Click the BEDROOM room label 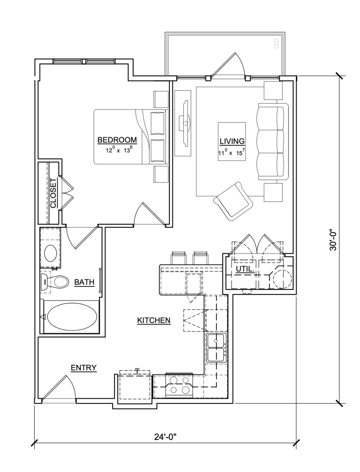(x=117, y=140)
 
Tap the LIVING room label (x=232, y=141)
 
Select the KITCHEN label (x=154, y=320)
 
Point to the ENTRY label (x=84, y=368)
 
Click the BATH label (x=84, y=282)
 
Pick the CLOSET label (x=53, y=193)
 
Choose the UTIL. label (x=245, y=269)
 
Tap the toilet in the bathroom (x=55, y=282)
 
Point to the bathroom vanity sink (x=51, y=253)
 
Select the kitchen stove (x=179, y=386)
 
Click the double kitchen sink (x=217, y=348)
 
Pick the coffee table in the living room (x=232, y=141)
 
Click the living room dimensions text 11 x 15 (x=232, y=152)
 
